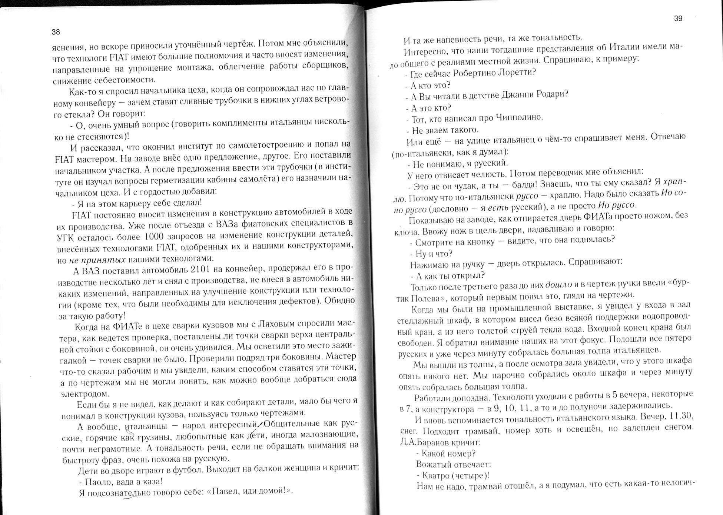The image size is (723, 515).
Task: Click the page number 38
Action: (x=56, y=32)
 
